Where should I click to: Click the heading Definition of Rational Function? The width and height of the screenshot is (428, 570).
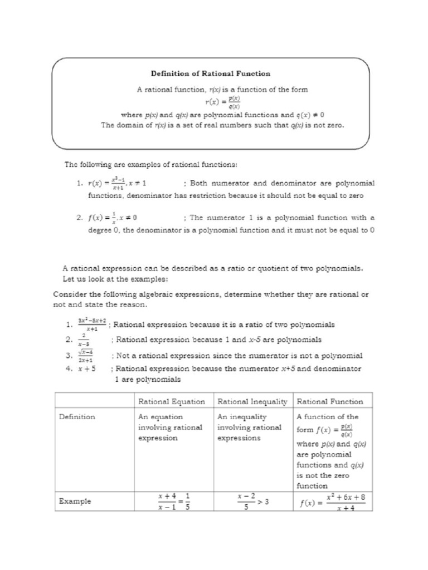(211, 73)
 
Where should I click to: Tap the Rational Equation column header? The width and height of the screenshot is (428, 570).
(171, 401)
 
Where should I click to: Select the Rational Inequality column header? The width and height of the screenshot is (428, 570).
(251, 401)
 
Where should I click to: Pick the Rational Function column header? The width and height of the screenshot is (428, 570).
(330, 401)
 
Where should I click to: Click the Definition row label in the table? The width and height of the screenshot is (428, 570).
(77, 416)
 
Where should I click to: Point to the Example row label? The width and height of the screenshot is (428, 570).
(75, 501)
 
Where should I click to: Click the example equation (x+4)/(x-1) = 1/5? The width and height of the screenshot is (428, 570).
(171, 502)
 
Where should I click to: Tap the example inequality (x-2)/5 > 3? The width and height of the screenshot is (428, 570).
(251, 502)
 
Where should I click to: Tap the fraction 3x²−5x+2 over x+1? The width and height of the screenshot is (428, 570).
(92, 325)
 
